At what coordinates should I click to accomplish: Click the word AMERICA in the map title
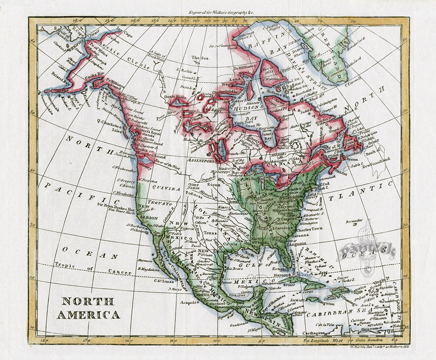click(88, 315)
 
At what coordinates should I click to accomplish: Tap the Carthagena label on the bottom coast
click(314, 333)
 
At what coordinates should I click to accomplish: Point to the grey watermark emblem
click(367, 250)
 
